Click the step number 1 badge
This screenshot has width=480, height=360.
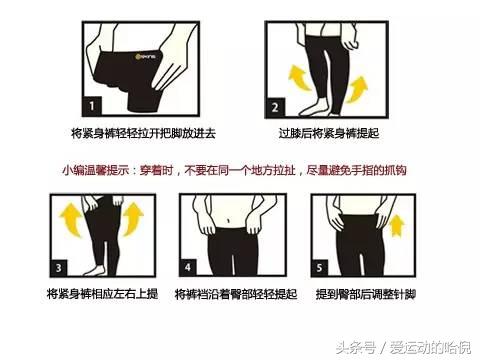[x=92, y=106]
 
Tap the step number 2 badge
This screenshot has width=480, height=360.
[x=275, y=108]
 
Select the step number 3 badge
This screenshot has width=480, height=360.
[x=59, y=268]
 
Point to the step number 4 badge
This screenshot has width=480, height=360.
[x=188, y=267]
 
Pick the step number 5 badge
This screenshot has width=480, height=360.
[x=319, y=268]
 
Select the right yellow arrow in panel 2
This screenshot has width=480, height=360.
[x=356, y=89]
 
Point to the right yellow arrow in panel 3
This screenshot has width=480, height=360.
[x=133, y=219]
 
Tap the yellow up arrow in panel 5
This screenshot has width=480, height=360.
[x=397, y=226]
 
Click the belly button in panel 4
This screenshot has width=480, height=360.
[x=228, y=221]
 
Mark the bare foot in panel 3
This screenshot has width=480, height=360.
[x=96, y=270]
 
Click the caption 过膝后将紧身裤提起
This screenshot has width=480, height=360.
[x=329, y=133]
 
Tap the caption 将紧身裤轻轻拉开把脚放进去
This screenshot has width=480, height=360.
[x=144, y=133]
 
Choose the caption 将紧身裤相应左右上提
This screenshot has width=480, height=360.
[x=102, y=294]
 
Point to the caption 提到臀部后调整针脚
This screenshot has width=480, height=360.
[x=366, y=294]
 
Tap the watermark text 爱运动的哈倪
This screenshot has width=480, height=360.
[x=431, y=348]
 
